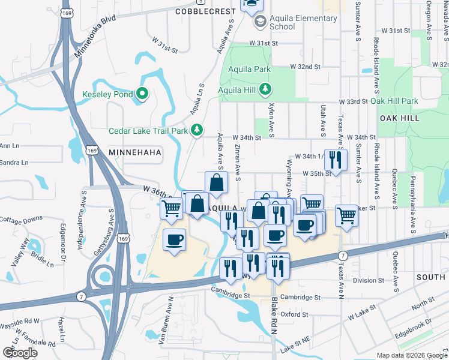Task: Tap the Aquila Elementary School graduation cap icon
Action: [260, 22]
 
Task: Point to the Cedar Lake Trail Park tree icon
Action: [197, 130]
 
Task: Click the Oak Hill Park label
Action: [394, 101]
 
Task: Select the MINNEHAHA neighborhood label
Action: [135, 153]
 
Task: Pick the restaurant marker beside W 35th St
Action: [336, 160]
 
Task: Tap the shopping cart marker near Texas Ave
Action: [347, 215]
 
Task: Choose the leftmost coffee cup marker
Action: [174, 240]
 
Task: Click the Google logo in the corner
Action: [20, 353]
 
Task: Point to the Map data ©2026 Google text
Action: [411, 355]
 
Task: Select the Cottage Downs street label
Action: [21, 219]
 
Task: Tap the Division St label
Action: [372, 280]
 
